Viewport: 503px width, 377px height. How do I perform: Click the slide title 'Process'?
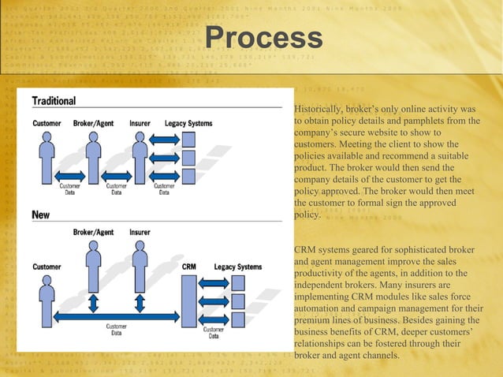coord(263,37)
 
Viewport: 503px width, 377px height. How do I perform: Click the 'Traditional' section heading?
coord(54,101)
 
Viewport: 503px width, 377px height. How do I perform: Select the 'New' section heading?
coord(40,215)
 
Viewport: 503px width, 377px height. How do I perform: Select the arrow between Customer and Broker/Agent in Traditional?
coord(70,175)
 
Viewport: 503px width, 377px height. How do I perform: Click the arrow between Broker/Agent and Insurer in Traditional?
coord(117,175)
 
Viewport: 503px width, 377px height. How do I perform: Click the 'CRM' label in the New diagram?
coord(189,267)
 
